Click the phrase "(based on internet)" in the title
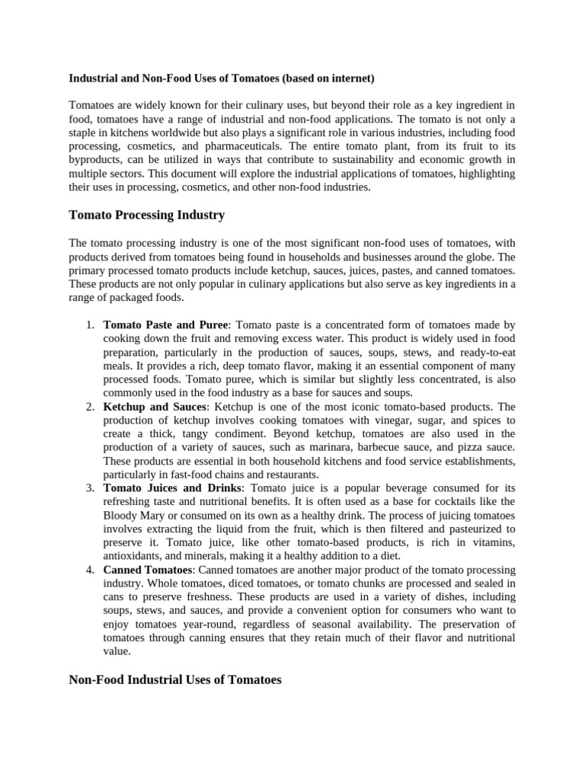(x=328, y=78)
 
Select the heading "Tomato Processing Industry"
(x=146, y=216)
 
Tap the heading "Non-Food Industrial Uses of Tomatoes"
(x=175, y=679)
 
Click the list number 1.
(x=90, y=324)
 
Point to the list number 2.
(x=90, y=407)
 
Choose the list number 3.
(x=90, y=487)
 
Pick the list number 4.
(x=90, y=570)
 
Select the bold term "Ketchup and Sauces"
(x=155, y=407)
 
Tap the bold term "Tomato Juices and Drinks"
(x=172, y=487)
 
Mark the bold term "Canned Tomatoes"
(x=147, y=570)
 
